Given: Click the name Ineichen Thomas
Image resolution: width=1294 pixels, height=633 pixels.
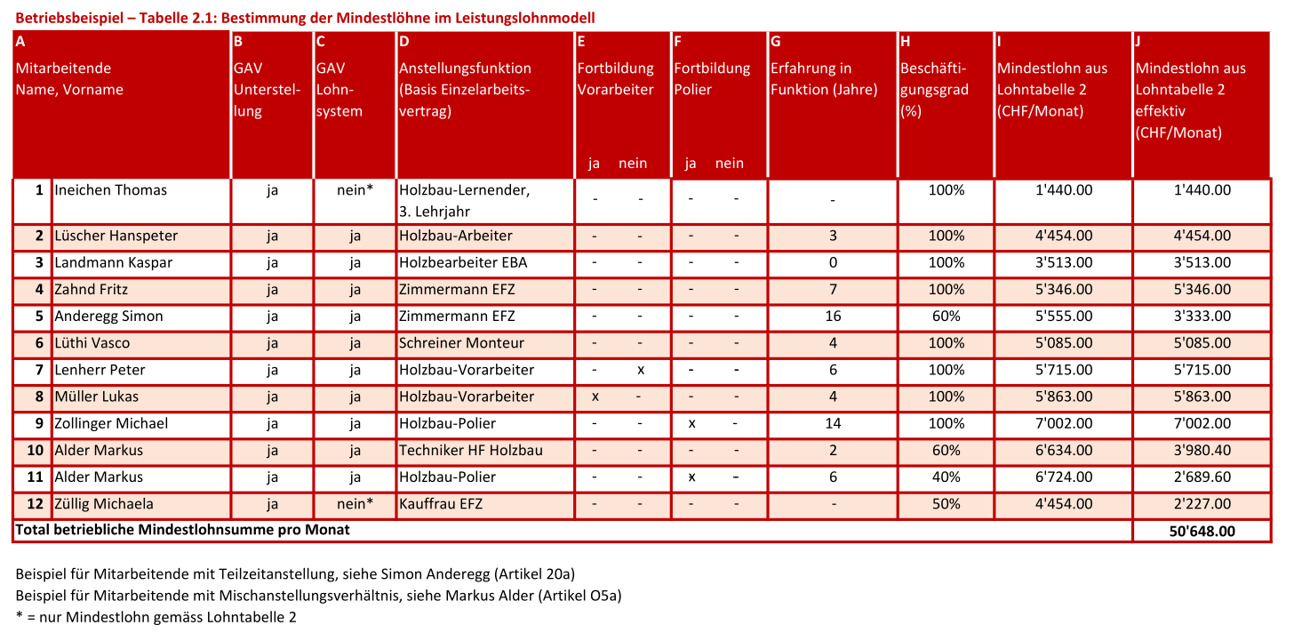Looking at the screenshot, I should pos(111,190).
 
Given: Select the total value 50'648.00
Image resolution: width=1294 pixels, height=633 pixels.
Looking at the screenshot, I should pos(1202,531).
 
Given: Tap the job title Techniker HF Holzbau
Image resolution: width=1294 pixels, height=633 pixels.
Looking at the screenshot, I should pos(471,450).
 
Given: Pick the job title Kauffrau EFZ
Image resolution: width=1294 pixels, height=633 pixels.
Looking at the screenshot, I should pos(441,503).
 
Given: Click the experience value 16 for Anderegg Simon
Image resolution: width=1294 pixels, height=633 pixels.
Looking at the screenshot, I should pos(833,316).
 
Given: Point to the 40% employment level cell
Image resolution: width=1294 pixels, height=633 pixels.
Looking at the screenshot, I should pos(946,477).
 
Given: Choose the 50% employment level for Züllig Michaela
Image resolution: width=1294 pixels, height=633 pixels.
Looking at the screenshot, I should pos(946,503).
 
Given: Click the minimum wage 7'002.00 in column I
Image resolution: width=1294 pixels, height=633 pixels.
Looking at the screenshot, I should pos(1064,423).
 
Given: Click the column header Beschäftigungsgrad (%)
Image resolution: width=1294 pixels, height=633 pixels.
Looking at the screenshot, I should pos(934,90).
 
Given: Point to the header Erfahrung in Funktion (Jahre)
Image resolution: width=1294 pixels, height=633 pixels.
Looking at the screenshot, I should pos(824,79).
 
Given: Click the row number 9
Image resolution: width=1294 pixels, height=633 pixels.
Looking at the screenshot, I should pos(39,423).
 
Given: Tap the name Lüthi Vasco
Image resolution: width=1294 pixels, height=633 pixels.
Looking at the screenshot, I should pos(92,343).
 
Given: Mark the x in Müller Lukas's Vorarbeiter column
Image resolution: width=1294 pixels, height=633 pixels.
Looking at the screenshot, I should pos(595,397).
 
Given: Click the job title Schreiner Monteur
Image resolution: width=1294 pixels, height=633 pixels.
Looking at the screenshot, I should pos(462,343).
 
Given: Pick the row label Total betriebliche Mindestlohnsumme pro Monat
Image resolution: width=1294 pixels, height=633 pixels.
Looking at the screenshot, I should pos(183,530).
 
